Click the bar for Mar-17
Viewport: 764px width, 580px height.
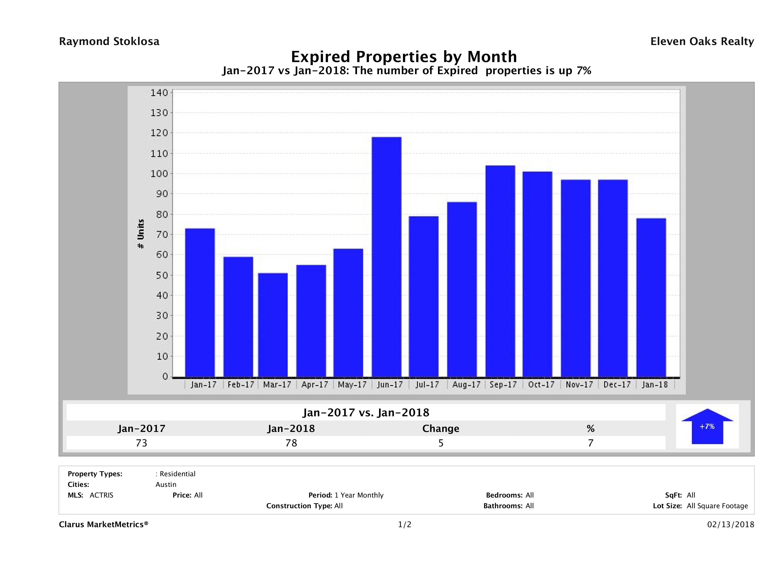tap(273, 325)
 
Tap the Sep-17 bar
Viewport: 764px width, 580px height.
tap(500, 271)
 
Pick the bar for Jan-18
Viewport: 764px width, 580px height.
tap(651, 297)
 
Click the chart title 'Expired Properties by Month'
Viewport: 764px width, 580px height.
tap(404, 56)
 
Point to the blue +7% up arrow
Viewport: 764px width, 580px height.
tap(707, 426)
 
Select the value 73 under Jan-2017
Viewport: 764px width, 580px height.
tap(142, 443)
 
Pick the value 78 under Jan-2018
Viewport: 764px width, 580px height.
tap(291, 443)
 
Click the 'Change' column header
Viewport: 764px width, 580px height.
tap(441, 429)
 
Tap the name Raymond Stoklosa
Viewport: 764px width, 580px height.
tap(109, 41)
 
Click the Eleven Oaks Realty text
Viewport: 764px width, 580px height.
tap(702, 41)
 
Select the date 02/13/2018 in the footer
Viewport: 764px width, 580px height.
tap(730, 524)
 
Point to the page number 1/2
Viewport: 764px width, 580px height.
tap(404, 524)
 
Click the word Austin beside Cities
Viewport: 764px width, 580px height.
tap(166, 484)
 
